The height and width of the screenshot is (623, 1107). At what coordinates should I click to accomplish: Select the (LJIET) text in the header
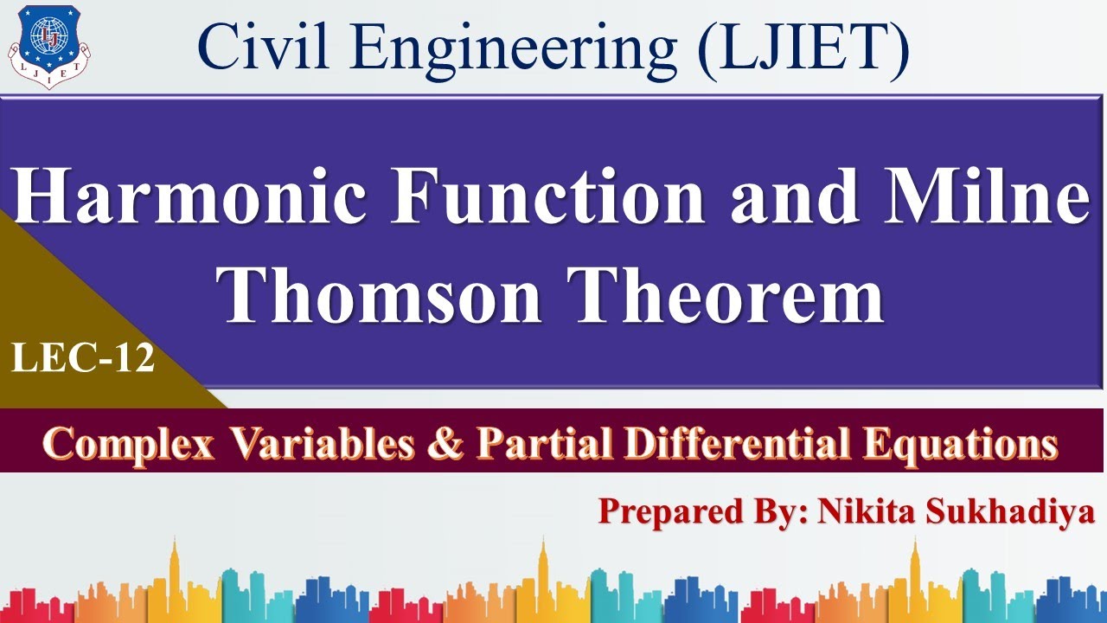pyautogui.click(x=804, y=47)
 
